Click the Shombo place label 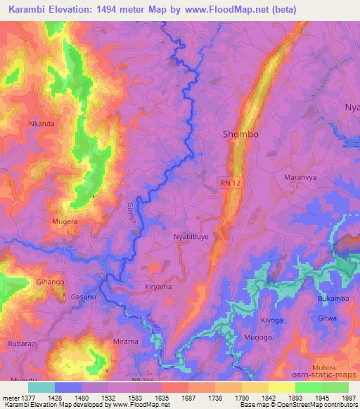[x=240, y=134]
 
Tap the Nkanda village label [x=41, y=124]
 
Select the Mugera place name [x=65, y=221]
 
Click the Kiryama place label [x=157, y=287]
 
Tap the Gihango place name [x=50, y=281]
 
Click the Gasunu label [x=84, y=297]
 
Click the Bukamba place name [x=333, y=299]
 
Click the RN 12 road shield [x=224, y=181]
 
